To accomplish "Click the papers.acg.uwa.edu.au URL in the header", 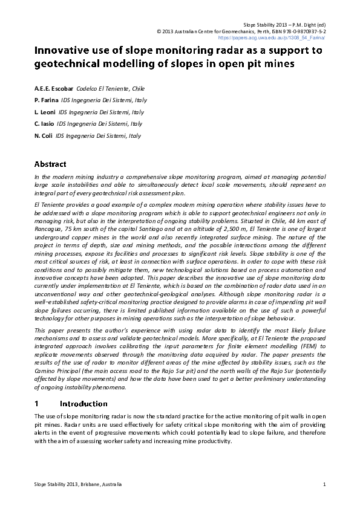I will click(286, 37).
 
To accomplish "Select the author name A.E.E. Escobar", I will click(54, 88).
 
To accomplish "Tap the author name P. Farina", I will click(46, 100).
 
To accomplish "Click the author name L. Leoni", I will click(45, 112).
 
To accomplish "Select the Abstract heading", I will click(50, 164).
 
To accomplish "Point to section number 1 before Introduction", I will click(37, 403).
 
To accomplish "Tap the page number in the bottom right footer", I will click(324, 484).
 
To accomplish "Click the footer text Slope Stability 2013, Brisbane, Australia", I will click(78, 484).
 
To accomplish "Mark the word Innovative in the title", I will click(65, 51).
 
